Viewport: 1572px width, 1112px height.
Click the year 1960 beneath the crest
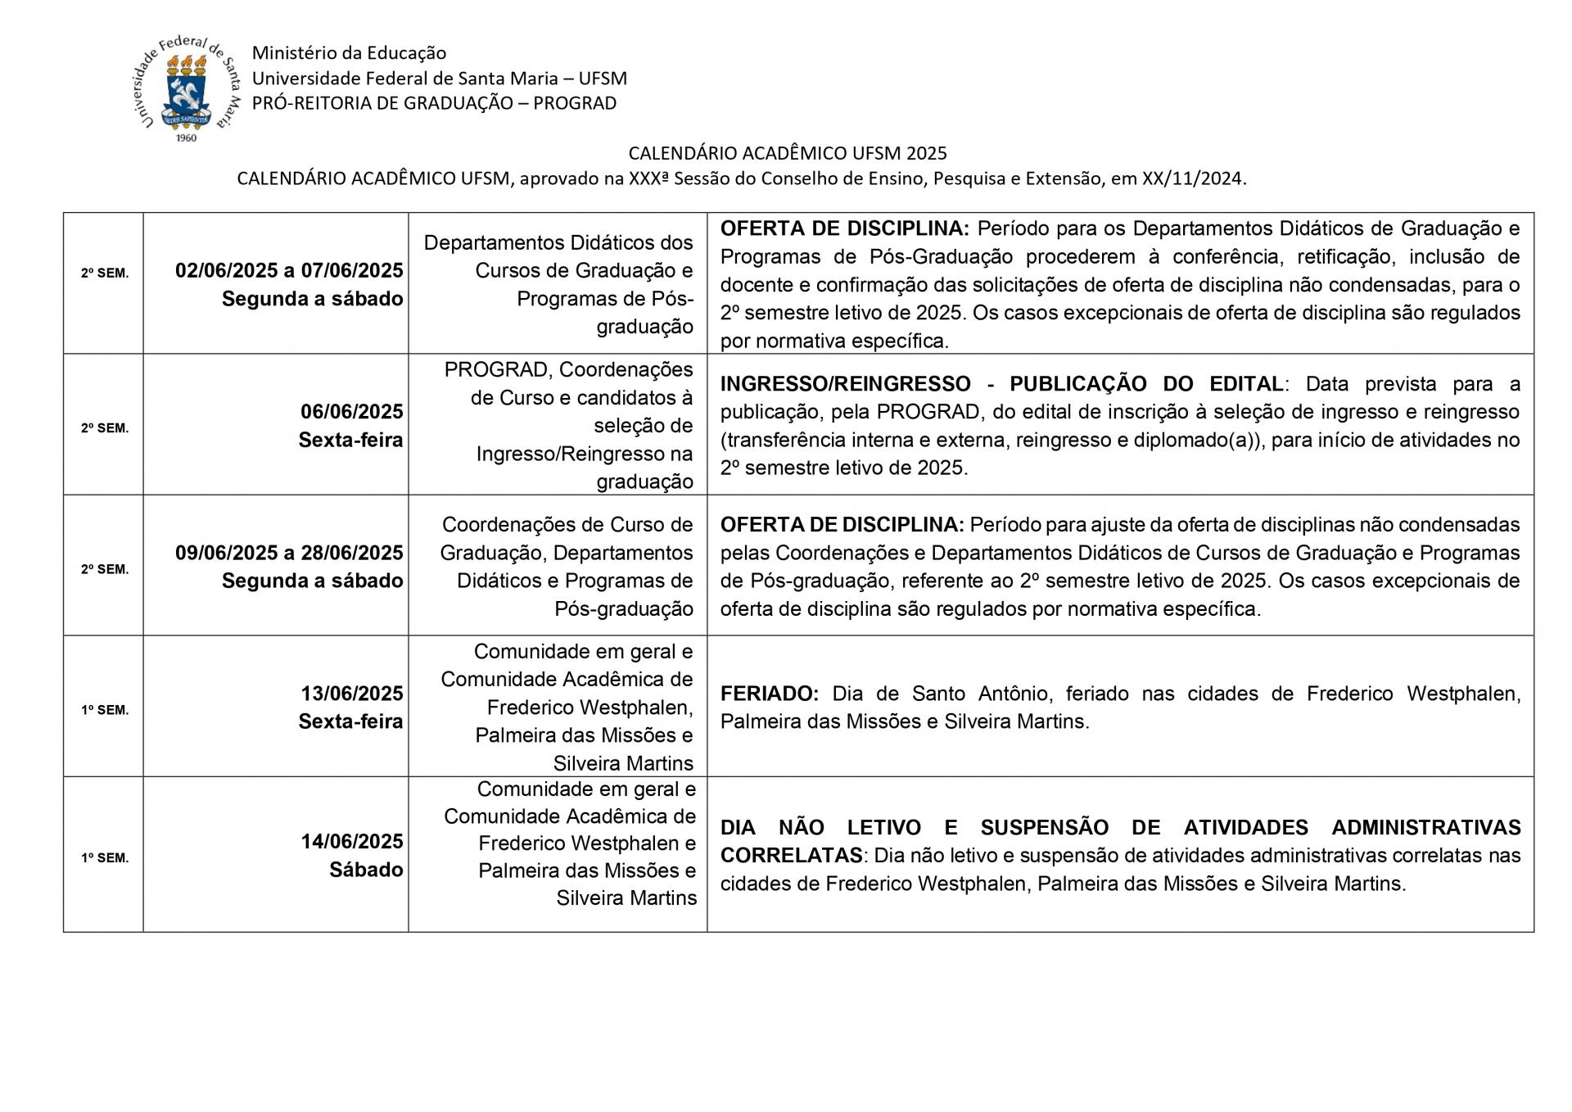point(187,138)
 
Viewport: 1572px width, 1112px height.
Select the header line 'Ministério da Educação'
point(349,53)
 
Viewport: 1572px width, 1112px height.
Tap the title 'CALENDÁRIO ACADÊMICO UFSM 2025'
point(787,153)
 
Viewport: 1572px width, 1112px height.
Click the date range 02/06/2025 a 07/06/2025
point(289,270)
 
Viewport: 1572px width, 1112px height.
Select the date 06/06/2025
point(351,411)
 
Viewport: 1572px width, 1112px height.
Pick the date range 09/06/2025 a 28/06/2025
point(289,553)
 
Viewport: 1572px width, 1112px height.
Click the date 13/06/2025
point(351,694)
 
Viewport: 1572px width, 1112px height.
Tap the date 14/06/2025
point(351,841)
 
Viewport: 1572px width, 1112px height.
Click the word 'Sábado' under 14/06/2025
point(366,870)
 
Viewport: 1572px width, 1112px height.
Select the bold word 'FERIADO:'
point(769,694)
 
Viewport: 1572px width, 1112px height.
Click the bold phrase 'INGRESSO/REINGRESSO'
point(845,384)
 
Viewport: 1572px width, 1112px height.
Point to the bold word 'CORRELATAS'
point(791,856)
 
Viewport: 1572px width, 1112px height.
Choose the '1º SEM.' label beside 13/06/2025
point(105,710)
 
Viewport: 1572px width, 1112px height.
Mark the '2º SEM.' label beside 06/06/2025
point(105,428)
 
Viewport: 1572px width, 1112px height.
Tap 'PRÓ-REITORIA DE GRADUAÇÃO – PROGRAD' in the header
point(434,103)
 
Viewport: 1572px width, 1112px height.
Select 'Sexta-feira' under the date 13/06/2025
point(350,721)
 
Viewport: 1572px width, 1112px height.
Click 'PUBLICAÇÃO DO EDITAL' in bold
point(1146,384)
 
